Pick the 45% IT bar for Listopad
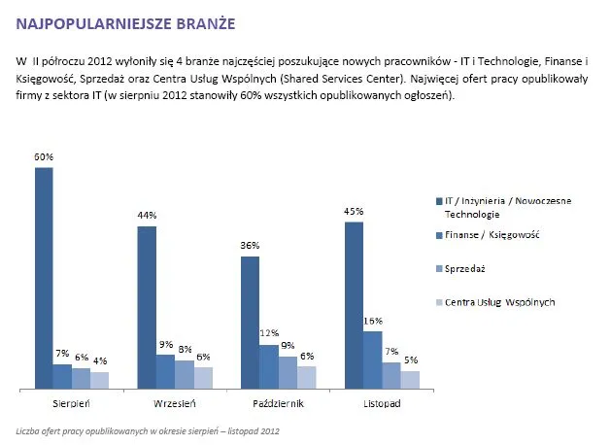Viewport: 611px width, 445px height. (x=354, y=306)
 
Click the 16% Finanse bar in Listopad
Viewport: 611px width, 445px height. (x=372, y=360)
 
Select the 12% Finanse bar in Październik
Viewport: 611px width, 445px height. (x=269, y=367)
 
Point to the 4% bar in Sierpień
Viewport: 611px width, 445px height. (x=100, y=381)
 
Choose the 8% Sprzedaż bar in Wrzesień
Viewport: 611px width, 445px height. (x=185, y=375)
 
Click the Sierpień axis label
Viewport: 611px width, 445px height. (x=71, y=402)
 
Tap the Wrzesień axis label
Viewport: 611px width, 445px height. (x=176, y=402)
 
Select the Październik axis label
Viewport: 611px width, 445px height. (x=278, y=402)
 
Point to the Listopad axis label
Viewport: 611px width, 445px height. (x=382, y=402)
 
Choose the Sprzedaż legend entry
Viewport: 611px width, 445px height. (x=467, y=267)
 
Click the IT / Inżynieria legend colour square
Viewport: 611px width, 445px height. (x=439, y=200)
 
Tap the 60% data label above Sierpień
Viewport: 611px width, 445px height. (x=44, y=156)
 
